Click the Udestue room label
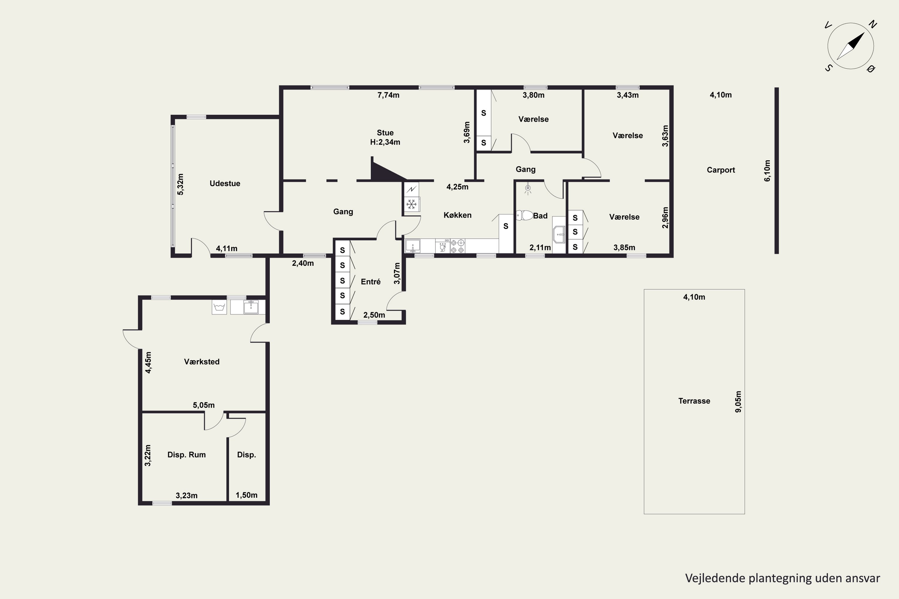click(x=225, y=183)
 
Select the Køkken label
click(x=458, y=215)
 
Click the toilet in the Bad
click(x=524, y=215)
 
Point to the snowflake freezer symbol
click(x=412, y=204)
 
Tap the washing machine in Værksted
click(x=219, y=307)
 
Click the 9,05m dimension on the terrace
click(x=738, y=402)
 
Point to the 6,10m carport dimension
click(x=767, y=170)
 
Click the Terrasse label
click(x=694, y=401)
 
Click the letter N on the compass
click(x=873, y=25)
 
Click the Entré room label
click(x=371, y=282)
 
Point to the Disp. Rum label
click(x=186, y=455)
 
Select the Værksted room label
click(x=202, y=362)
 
